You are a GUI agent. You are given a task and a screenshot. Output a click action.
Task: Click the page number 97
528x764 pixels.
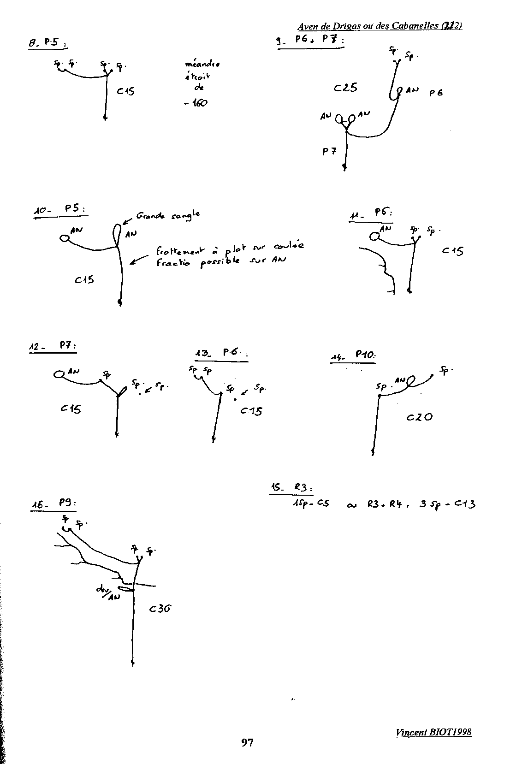(247, 742)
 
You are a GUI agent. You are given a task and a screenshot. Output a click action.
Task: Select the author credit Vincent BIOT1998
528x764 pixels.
(433, 732)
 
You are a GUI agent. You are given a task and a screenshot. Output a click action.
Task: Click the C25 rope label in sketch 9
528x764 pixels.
(345, 87)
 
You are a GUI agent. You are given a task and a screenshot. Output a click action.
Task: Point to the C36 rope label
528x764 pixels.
(160, 609)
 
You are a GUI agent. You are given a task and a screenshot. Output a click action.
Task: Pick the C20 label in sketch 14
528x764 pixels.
(420, 417)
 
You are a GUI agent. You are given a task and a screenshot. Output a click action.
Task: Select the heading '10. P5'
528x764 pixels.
(60, 210)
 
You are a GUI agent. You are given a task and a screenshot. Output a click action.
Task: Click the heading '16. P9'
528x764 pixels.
(54, 504)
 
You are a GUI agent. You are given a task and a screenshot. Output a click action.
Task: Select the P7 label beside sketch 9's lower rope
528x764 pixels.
(329, 151)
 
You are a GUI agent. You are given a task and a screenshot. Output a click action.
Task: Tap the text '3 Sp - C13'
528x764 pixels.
(447, 504)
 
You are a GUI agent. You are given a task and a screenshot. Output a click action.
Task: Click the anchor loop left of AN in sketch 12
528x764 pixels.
(59, 374)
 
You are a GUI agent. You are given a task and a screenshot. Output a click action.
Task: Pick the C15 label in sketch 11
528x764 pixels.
(452, 251)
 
